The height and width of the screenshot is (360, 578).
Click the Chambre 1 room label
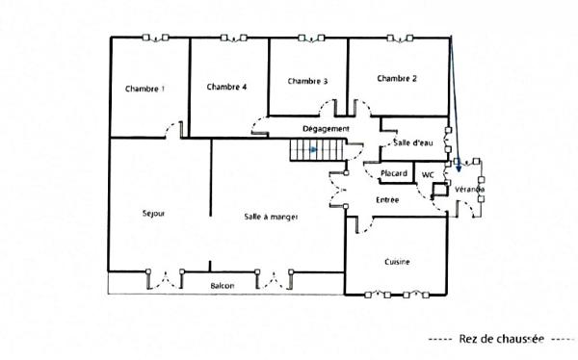coord(144,89)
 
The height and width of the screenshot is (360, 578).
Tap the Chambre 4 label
coord(226,87)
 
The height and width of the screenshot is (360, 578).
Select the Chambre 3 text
coord(306,81)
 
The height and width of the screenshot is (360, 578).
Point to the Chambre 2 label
coord(396,78)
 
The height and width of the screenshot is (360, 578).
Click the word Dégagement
coord(325,128)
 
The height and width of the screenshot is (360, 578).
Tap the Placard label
coord(394,173)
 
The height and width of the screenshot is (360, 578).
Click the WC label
coord(428,173)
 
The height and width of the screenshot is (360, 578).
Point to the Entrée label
coord(387,198)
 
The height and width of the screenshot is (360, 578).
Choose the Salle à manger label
coord(271,218)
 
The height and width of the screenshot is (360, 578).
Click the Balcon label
coord(223,286)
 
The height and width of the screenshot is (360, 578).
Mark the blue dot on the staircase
coord(313,149)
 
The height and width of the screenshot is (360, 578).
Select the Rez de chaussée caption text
coord(502,338)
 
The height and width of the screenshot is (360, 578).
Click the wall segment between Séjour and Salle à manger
coord(211,202)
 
